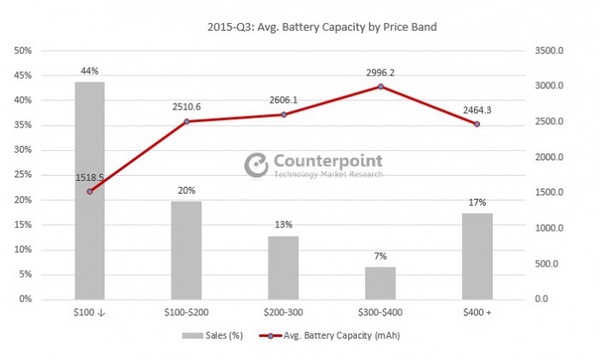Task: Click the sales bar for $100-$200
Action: pos(187,249)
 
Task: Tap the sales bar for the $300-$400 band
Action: pos(381,282)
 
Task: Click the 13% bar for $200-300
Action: pos(284,267)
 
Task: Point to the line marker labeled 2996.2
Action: pos(381,87)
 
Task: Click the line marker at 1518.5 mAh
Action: pos(90,191)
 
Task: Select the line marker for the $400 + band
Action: pos(477,124)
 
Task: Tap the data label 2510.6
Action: pos(187,107)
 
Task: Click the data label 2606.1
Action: pos(284,100)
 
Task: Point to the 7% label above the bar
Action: pos(381,255)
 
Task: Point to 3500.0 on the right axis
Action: pos(549,51)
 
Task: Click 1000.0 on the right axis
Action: pos(549,228)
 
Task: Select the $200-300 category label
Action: pos(284,312)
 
